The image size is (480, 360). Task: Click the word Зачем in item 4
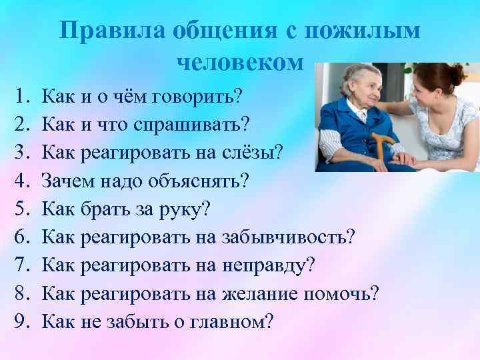coord(67,181)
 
